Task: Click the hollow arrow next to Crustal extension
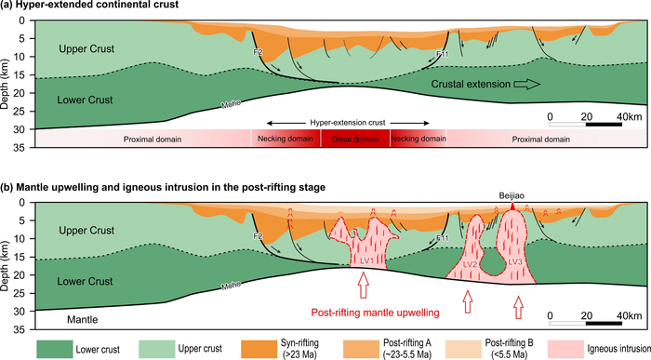(527, 84)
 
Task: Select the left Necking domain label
(286, 139)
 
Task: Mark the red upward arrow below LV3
(518, 303)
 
